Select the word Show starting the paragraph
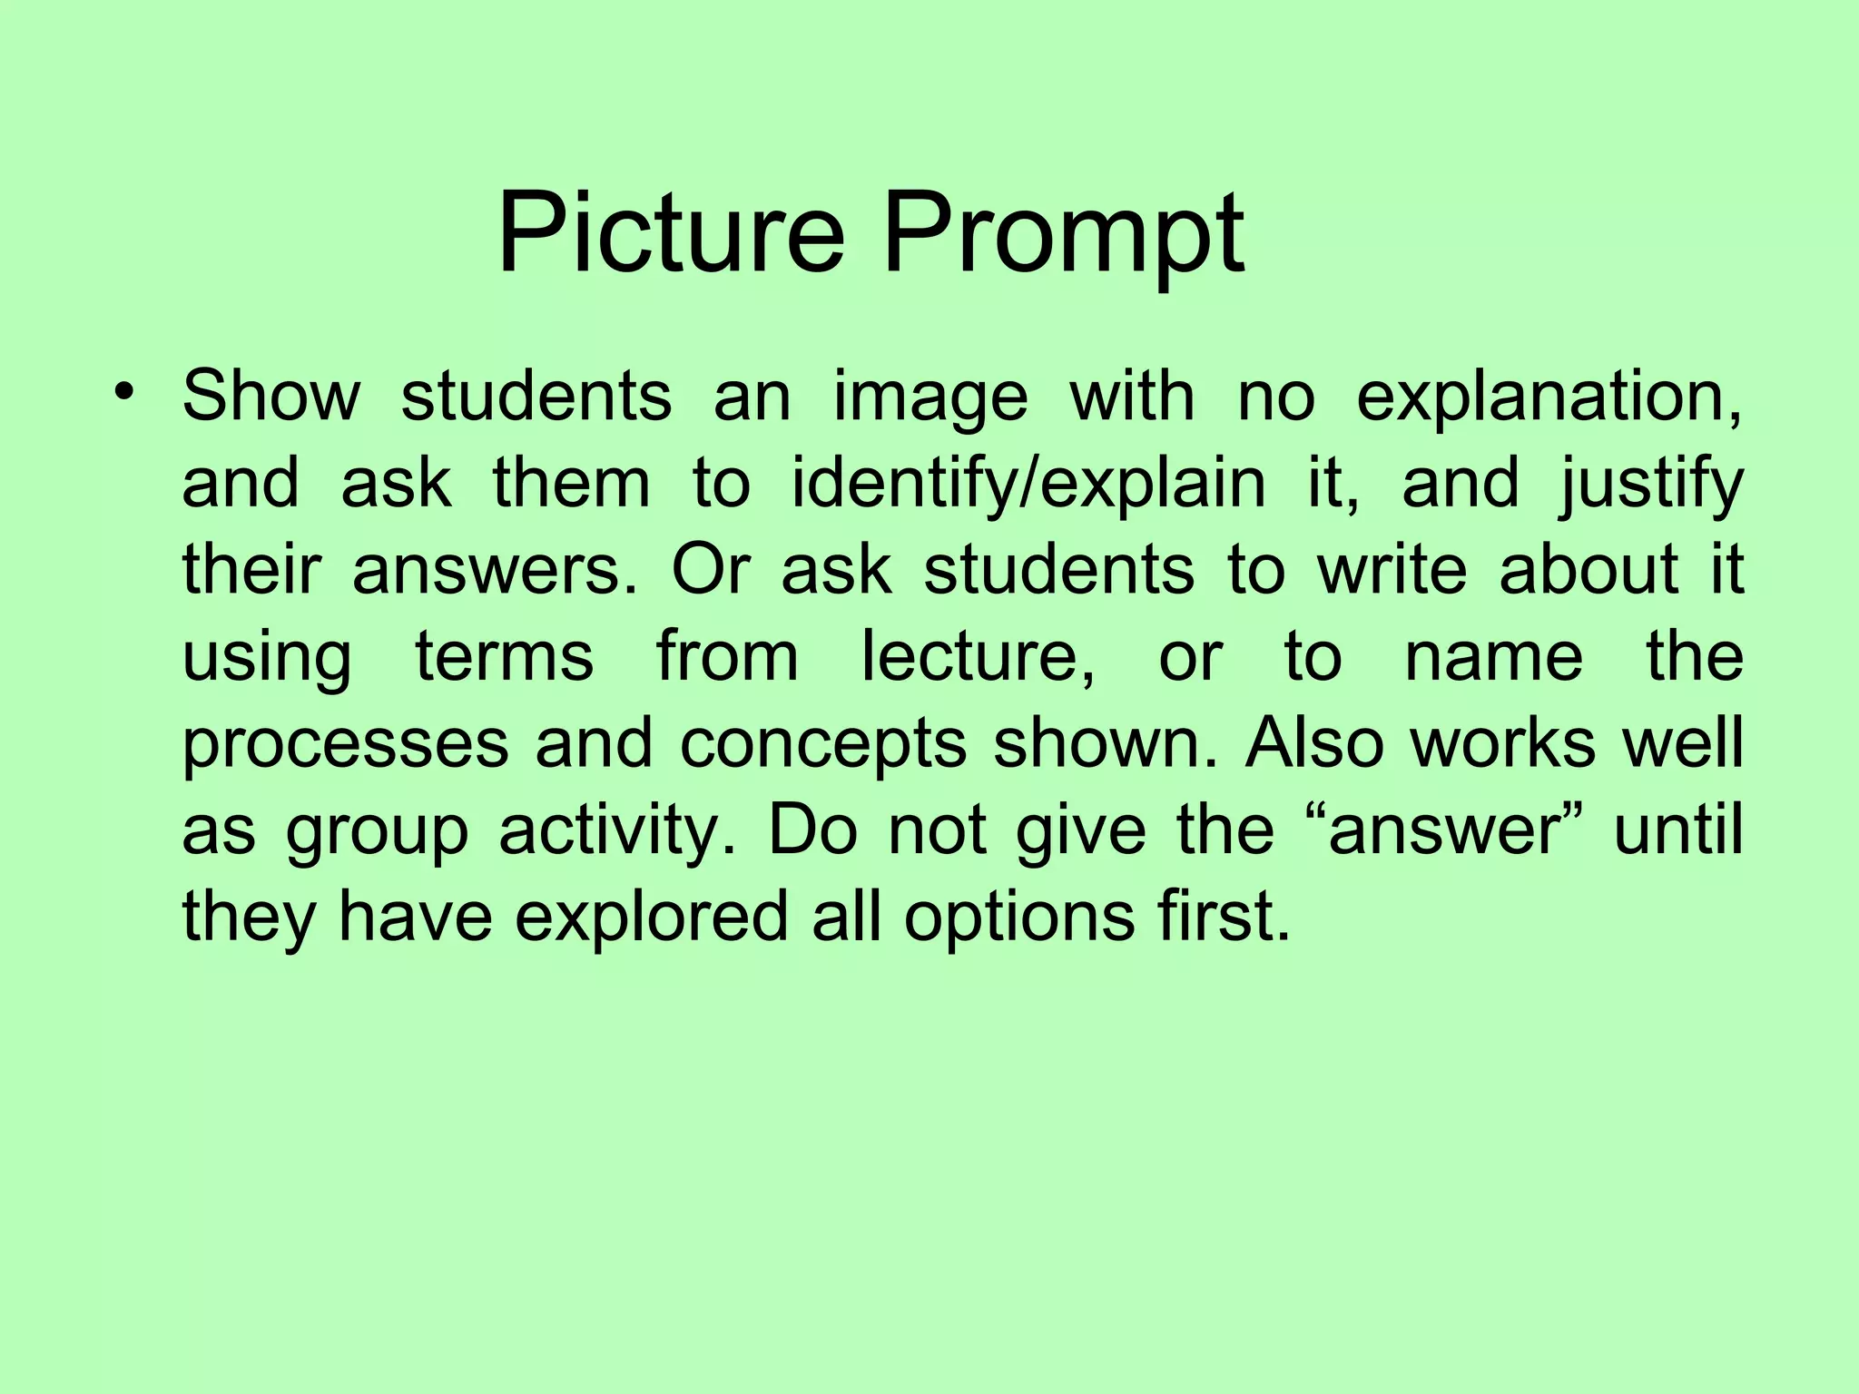[x=271, y=397]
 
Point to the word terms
[x=505, y=657]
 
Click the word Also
[x=1314, y=742]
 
